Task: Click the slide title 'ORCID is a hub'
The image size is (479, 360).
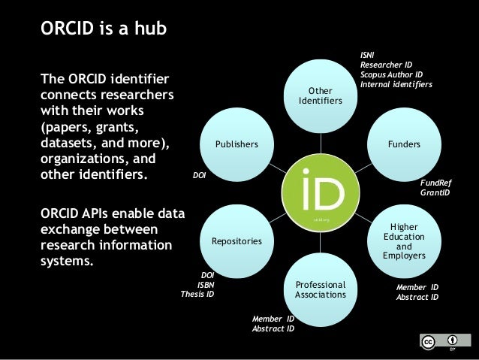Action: click(104, 30)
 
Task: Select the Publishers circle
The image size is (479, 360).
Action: click(236, 143)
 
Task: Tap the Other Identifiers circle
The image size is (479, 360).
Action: click(321, 95)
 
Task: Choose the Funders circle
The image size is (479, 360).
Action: click(404, 143)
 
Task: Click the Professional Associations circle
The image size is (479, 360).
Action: click(321, 289)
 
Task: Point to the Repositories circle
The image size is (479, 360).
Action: click(236, 241)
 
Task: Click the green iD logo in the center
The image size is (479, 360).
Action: click(321, 192)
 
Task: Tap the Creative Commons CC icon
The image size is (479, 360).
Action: click(428, 342)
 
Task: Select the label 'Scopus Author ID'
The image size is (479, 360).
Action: click(392, 74)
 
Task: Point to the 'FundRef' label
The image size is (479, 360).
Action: click(435, 183)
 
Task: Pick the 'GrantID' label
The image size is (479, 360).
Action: click(435, 193)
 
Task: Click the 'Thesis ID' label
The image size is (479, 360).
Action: click(197, 295)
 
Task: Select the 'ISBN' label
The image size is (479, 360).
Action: click(206, 285)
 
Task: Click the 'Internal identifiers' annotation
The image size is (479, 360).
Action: click(396, 84)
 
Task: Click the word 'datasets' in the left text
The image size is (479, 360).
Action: click(70, 143)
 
